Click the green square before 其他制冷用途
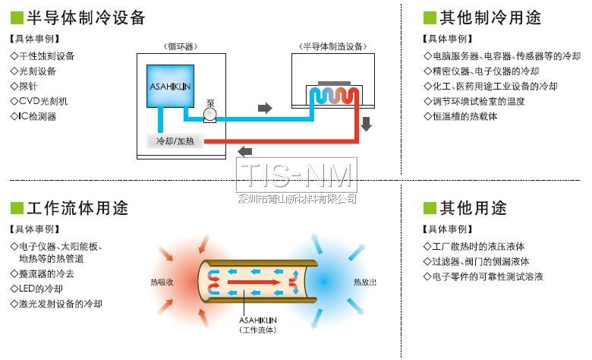pyautogui.click(x=430, y=17)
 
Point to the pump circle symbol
pyautogui.click(x=210, y=115)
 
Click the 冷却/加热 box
pyautogui.click(x=175, y=142)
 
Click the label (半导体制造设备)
pyautogui.click(x=333, y=46)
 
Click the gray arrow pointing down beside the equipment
pyautogui.click(x=367, y=124)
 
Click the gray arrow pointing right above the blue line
pyautogui.click(x=265, y=108)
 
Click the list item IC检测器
pyautogui.click(x=36, y=116)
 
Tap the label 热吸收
pyautogui.click(x=162, y=282)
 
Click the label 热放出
pyautogui.click(x=365, y=282)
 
